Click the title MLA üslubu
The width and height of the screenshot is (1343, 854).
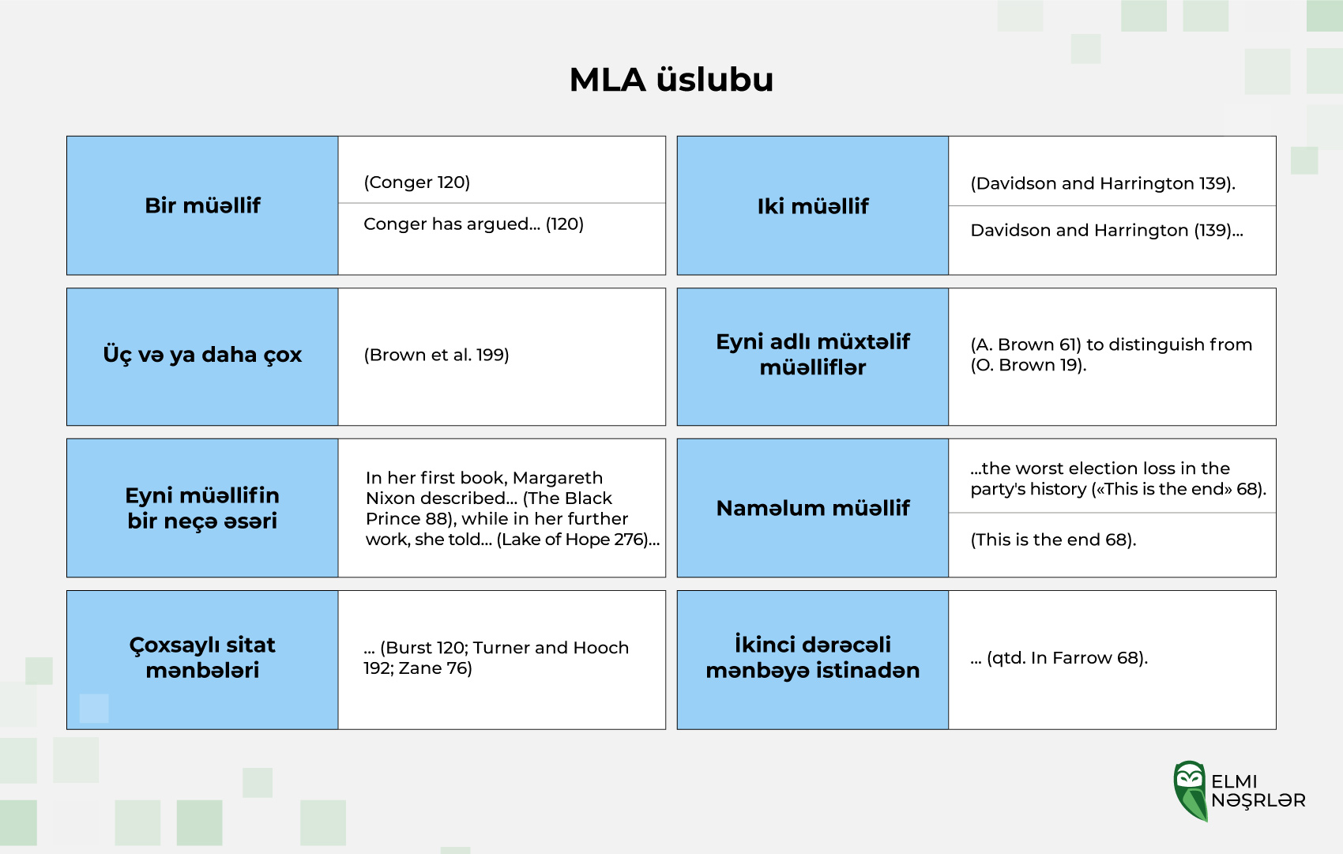coord(671,80)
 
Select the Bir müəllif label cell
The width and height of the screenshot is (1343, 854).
coord(203,205)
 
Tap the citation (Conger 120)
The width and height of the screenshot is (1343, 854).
coord(416,182)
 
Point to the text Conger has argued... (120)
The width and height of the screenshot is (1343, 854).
coord(474,224)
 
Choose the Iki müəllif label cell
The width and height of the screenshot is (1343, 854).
coord(813,205)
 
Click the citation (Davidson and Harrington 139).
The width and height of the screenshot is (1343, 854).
coord(1103,183)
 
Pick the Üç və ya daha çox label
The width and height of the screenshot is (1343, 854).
coord(203,355)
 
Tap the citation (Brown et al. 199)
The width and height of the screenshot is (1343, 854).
coord(436,355)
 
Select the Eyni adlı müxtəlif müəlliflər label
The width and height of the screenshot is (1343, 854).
coord(813,354)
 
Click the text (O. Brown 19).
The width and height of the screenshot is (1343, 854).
coord(1029,365)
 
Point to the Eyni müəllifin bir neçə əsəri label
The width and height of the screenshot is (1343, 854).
coord(203,508)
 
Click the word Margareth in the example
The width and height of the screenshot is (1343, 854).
coord(559,478)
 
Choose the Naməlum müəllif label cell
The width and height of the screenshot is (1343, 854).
coord(813,508)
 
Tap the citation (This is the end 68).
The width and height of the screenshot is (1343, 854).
coord(1053,540)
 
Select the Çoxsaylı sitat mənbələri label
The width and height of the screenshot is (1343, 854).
coord(203,657)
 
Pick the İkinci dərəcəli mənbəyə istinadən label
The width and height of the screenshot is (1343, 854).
coord(813,657)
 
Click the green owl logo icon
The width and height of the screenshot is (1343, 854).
coord(1191,791)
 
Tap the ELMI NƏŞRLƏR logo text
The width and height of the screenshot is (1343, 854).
coord(1258,791)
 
